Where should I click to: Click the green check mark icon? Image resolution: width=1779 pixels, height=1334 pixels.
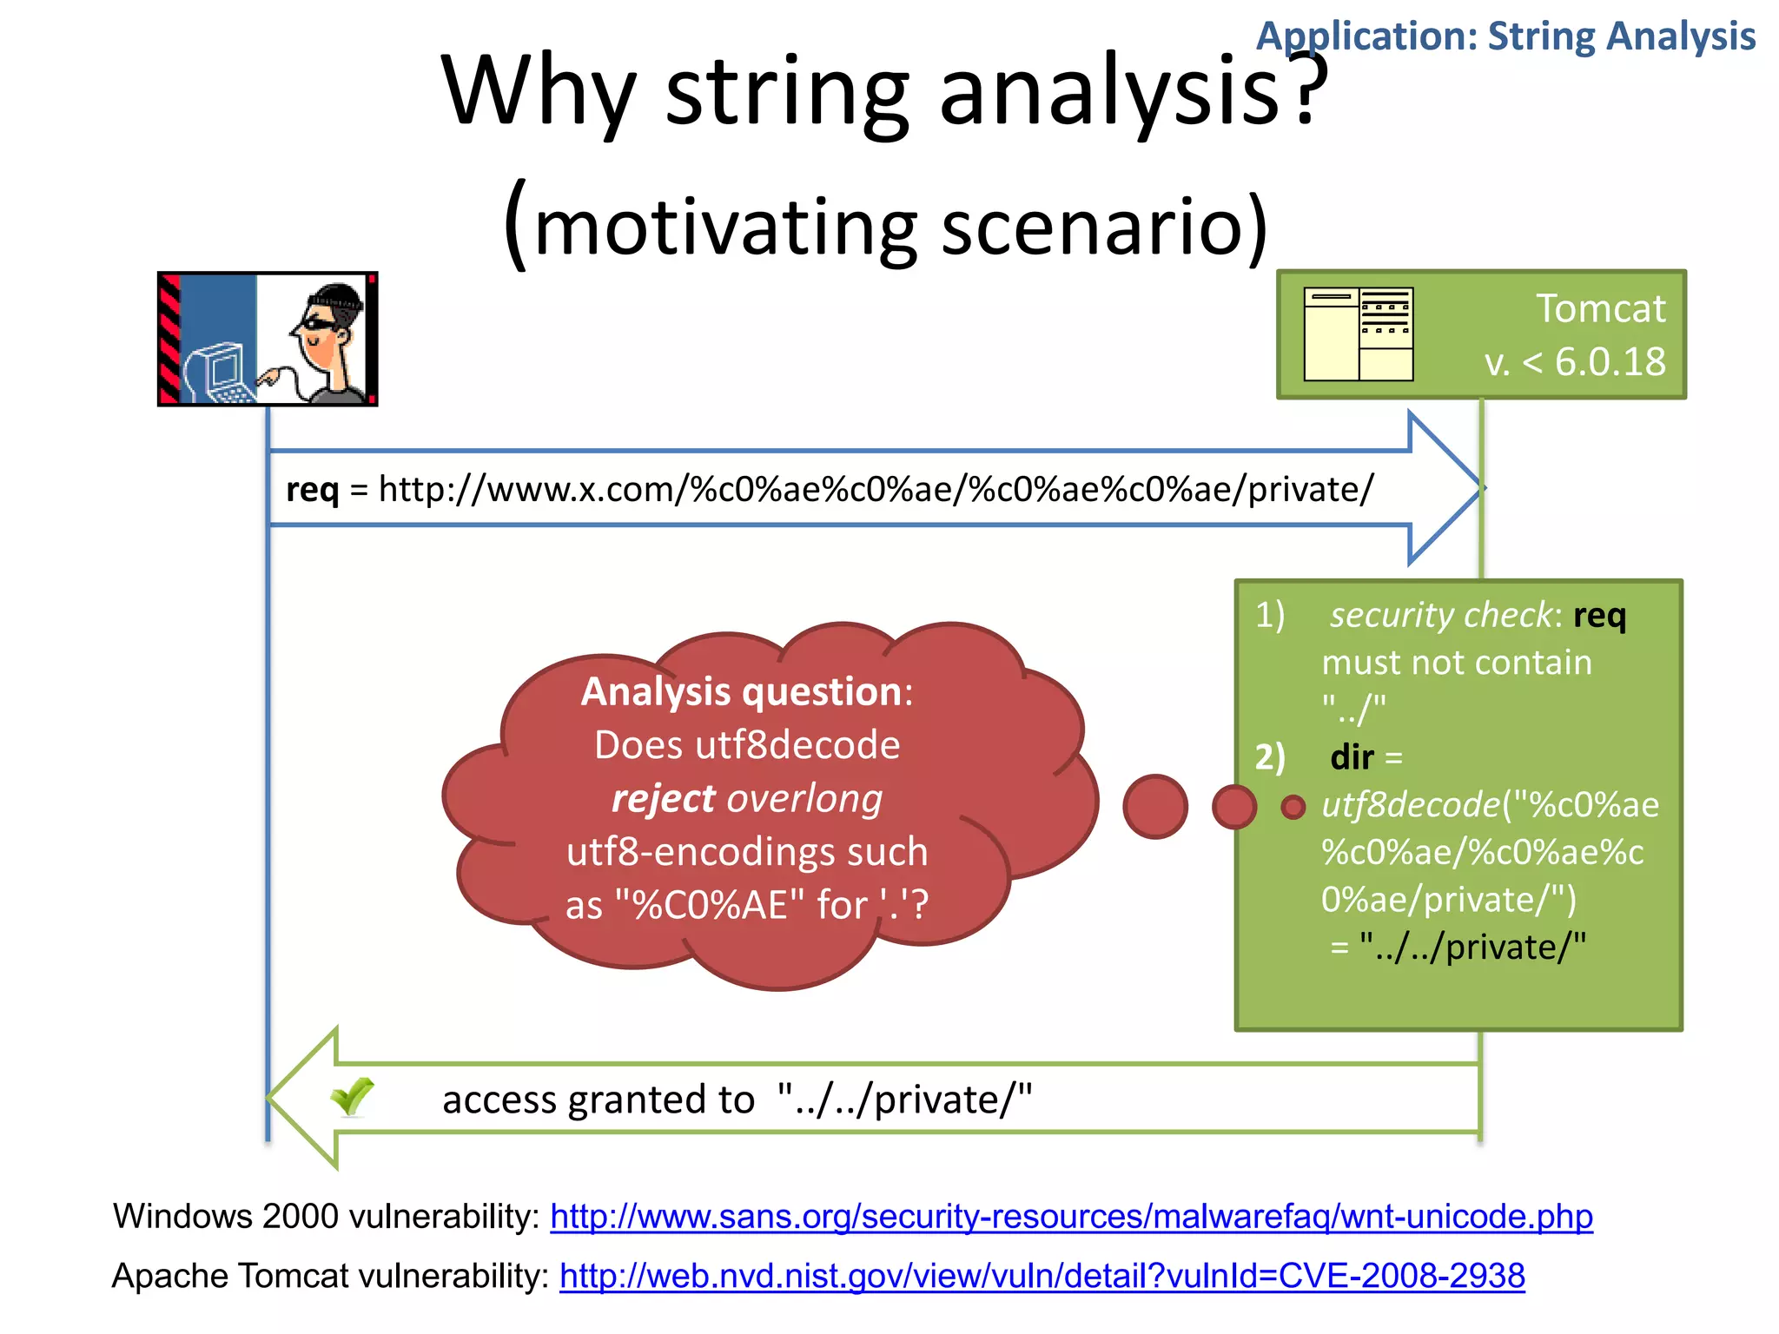pyautogui.click(x=352, y=1097)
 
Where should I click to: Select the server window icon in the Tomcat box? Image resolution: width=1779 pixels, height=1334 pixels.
pyautogui.click(x=1359, y=334)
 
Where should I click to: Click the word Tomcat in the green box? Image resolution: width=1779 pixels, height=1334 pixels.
pyautogui.click(x=1600, y=309)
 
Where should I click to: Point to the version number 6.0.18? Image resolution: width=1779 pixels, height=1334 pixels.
pyautogui.click(x=1610, y=362)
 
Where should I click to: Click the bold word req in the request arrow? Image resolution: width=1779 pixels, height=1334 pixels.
pyautogui.click(x=312, y=490)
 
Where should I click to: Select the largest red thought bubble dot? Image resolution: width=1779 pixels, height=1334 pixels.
pyautogui.click(x=1154, y=807)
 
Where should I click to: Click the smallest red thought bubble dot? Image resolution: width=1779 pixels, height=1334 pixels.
pyautogui.click(x=1293, y=807)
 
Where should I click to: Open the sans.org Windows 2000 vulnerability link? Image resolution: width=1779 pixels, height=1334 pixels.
pyautogui.click(x=1071, y=1217)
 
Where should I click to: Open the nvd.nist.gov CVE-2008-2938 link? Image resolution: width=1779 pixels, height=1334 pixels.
pyautogui.click(x=1042, y=1276)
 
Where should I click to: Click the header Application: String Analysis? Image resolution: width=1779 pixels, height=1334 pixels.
pyautogui.click(x=1505, y=36)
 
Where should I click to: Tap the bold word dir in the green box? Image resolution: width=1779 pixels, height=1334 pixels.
pyautogui.click(x=1352, y=757)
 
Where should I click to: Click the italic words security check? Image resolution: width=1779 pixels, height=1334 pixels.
pyautogui.click(x=1440, y=615)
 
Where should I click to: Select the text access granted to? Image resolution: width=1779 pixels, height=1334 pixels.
pyautogui.click(x=598, y=1100)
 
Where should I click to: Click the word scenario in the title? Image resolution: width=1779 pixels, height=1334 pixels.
pyautogui.click(x=1103, y=228)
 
